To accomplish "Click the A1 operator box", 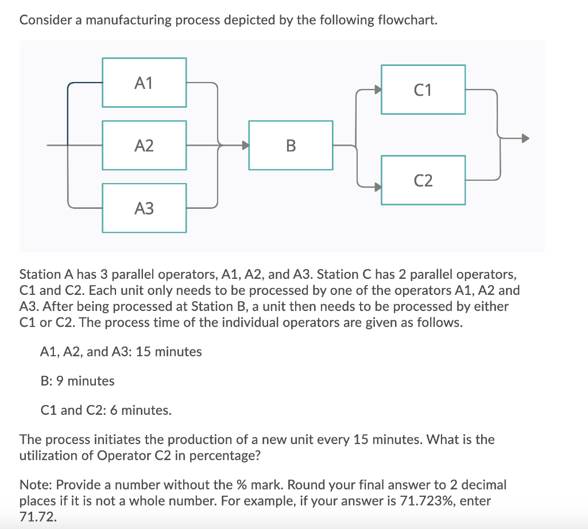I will (x=144, y=83).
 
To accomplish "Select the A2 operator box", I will (x=144, y=145).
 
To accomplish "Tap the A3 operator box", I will (x=144, y=208).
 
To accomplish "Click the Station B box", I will (x=291, y=145).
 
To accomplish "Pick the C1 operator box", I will (x=423, y=90).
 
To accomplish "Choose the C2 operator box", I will (x=423, y=180).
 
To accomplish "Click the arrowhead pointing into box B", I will (x=245, y=145).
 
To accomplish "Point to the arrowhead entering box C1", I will (x=377, y=90).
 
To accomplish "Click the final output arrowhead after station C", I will (x=524, y=138).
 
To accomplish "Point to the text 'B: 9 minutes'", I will (x=78, y=381).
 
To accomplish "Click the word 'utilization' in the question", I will (x=49, y=456).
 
